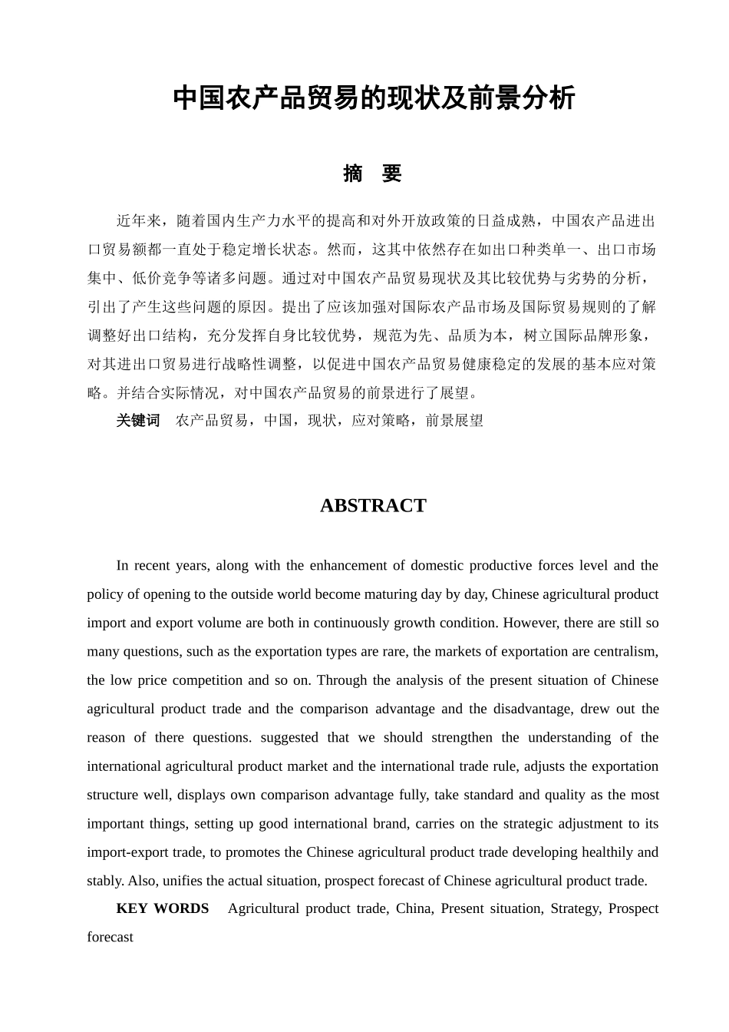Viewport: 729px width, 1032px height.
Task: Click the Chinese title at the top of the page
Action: [x=374, y=98]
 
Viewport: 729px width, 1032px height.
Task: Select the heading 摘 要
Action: [x=373, y=174]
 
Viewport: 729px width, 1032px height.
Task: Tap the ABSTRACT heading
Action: [x=373, y=505]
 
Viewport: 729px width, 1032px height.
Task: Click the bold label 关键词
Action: [x=138, y=420]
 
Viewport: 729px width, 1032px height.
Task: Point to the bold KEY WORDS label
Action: [x=162, y=908]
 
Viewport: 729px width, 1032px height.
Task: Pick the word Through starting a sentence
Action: [x=341, y=680]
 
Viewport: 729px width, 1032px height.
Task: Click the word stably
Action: [x=105, y=881]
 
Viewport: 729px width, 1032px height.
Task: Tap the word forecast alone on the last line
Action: [x=110, y=938]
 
